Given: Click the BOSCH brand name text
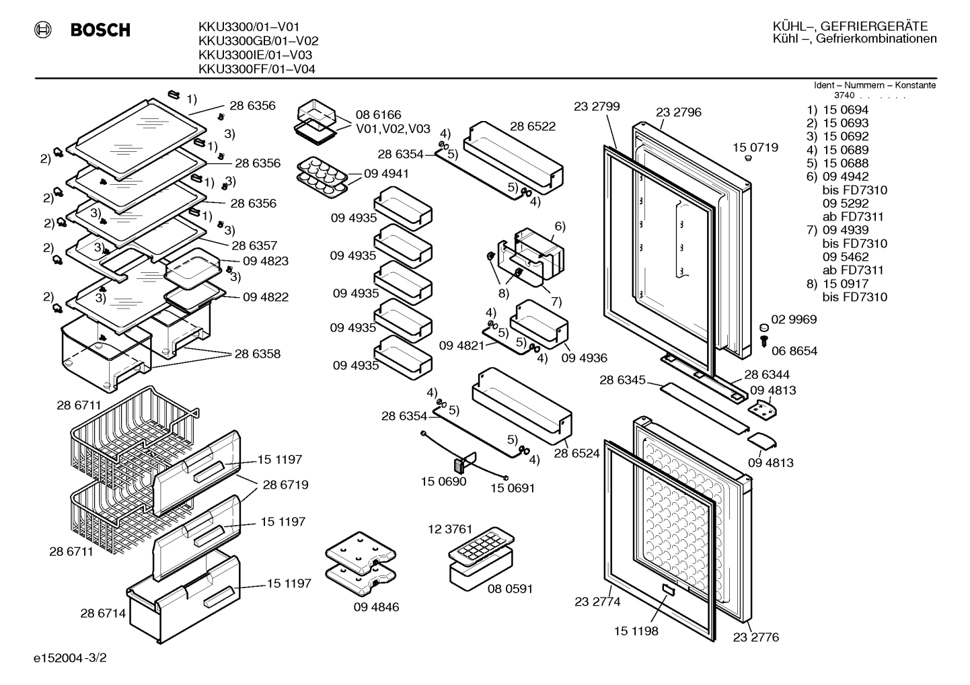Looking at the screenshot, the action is [x=100, y=30].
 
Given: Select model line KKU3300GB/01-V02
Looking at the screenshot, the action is [x=258, y=41].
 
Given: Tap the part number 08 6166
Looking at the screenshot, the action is [x=378, y=115].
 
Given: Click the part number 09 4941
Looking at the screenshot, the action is [x=386, y=173].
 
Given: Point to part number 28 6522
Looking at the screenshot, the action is [x=533, y=126].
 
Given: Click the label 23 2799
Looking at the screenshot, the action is [x=597, y=106].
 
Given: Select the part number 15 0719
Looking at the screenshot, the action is [x=755, y=148].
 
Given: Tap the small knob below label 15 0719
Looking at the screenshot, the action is [x=748, y=159].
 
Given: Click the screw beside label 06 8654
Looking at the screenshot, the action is [x=764, y=341].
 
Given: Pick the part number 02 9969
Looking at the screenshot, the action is [x=794, y=319].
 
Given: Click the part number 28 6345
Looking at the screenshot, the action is [x=622, y=380].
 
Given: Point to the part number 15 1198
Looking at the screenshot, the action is [x=636, y=631].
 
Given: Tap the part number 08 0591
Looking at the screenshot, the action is [x=510, y=588].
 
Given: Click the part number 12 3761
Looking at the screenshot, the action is [x=450, y=529].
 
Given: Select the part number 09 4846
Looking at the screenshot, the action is [x=376, y=606].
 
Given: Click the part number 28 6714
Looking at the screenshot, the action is [x=103, y=613].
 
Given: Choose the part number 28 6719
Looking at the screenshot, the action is [x=285, y=485].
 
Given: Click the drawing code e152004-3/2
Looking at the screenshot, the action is [x=70, y=658].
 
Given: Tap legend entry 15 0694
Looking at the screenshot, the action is [x=846, y=110].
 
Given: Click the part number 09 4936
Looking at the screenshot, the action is [x=584, y=358].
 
